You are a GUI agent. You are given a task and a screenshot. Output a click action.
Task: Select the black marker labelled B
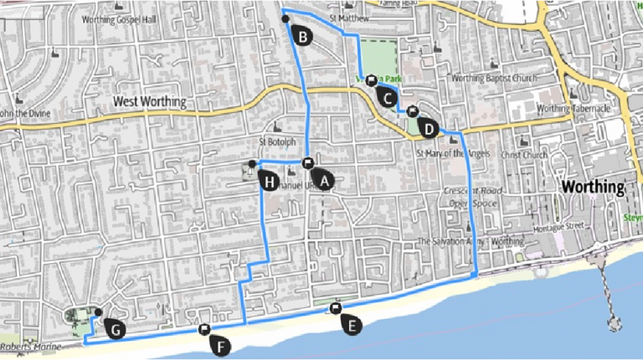pos(301,36)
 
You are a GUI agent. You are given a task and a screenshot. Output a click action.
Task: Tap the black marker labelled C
pos(387,96)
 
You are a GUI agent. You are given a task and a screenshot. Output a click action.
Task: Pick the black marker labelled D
pos(428,129)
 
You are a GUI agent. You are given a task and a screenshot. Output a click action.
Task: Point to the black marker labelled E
pos(352,326)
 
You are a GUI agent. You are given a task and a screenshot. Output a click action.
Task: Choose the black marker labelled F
pos(220,345)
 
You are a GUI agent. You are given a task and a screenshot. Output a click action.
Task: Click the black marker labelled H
pos(269,180)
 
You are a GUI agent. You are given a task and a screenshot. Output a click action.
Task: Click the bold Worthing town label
pos(594,186)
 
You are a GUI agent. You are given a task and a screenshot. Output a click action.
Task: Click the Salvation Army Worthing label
pos(471,241)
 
